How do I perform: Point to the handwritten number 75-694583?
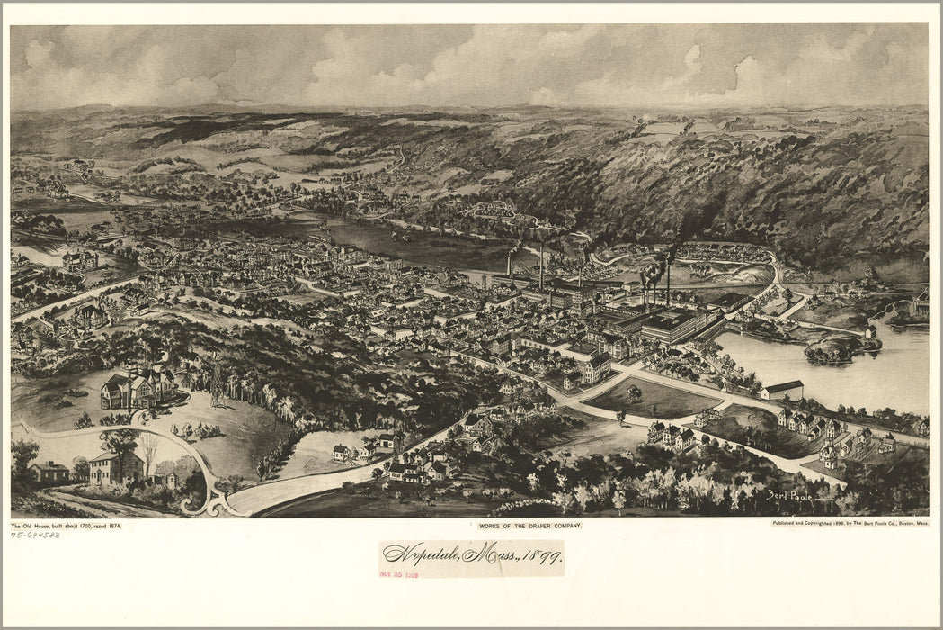point(35,535)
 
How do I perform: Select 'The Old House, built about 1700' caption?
point(65,525)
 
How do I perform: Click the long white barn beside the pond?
point(781,390)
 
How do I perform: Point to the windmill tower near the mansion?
point(217,379)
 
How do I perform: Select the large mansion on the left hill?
point(139,388)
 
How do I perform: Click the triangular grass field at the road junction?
point(656,396)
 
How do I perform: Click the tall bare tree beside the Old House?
point(147,450)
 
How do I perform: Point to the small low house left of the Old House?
point(49,472)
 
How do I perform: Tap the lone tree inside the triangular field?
point(636,391)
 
